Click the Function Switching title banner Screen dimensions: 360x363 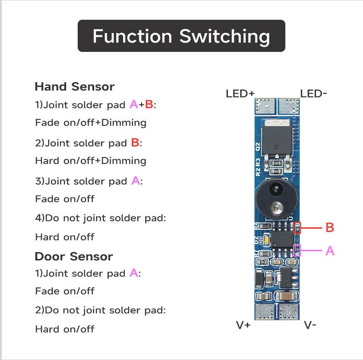pyautogui.click(x=181, y=36)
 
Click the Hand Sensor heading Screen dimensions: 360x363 pyautogui.click(x=74, y=86)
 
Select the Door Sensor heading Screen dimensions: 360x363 pyautogui.click(x=74, y=256)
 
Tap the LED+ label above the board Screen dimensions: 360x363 pyautogui.click(x=240, y=94)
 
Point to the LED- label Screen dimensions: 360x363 pyautogui.click(x=314, y=94)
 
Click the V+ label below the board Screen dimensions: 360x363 pyautogui.click(x=243, y=325)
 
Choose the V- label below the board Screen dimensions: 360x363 pyautogui.click(x=310, y=325)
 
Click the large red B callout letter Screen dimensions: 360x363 pyautogui.click(x=329, y=227)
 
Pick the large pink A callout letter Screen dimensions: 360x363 pyautogui.click(x=329, y=251)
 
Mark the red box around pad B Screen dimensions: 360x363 pyautogui.click(x=297, y=228)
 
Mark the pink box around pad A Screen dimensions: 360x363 pyautogui.click(x=297, y=251)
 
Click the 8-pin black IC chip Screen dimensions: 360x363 pyautogui.click(x=281, y=239)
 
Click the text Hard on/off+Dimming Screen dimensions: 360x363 pyautogui.click(x=91, y=161)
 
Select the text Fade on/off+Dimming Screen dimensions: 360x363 pyautogui.click(x=91, y=123)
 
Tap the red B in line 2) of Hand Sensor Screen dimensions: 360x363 pyautogui.click(x=135, y=143)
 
